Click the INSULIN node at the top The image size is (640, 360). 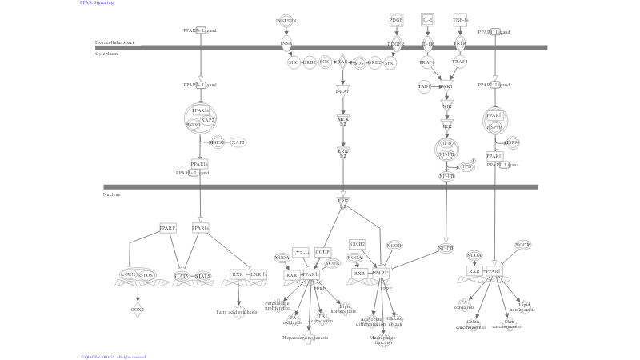click(x=286, y=20)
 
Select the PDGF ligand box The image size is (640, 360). click(x=396, y=19)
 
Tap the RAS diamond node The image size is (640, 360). click(x=342, y=62)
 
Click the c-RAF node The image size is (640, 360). click(x=342, y=90)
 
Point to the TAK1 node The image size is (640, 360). click(x=446, y=86)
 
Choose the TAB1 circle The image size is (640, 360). click(x=425, y=86)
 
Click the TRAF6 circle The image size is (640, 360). click(x=426, y=62)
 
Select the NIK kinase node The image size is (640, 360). click(x=447, y=106)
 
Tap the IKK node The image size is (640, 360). click(x=447, y=126)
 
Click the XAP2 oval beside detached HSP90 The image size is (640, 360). click(x=238, y=142)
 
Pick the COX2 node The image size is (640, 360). click(x=138, y=308)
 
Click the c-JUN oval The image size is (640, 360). click(x=128, y=275)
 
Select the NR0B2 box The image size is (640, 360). click(x=357, y=243)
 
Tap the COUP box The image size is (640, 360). click(x=322, y=251)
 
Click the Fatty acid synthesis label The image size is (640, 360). click(x=237, y=311)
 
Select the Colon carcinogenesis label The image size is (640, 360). click(x=473, y=325)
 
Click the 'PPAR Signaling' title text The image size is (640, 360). click(x=96, y=3)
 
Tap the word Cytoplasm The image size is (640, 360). click(x=106, y=54)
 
